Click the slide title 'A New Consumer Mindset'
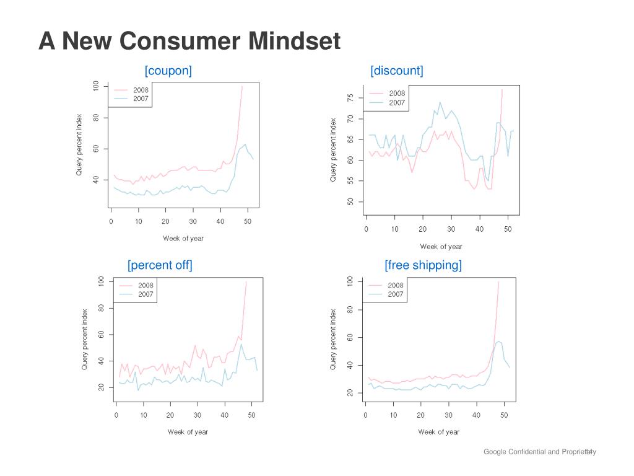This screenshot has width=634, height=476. click(189, 42)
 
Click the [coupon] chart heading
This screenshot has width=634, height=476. click(168, 71)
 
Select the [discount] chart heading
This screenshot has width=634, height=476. click(397, 71)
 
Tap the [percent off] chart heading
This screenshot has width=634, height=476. click(160, 265)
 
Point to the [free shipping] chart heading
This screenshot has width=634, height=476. click(423, 265)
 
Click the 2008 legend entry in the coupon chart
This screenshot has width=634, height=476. click(140, 90)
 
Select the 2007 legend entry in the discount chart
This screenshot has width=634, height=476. click(396, 103)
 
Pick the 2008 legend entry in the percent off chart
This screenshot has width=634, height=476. click(145, 286)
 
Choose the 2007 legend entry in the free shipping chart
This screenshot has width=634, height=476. click(395, 294)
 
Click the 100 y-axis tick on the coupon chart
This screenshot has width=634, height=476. click(96, 86)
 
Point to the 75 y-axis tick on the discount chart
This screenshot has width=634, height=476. click(350, 98)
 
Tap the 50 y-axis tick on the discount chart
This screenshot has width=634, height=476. click(350, 202)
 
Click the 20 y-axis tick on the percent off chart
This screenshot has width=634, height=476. click(101, 388)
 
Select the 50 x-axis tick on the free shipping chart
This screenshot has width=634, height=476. click(502, 415)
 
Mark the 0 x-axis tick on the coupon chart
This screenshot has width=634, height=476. click(111, 221)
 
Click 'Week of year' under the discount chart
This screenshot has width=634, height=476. click(441, 247)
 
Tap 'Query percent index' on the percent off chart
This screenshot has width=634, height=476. click(85, 340)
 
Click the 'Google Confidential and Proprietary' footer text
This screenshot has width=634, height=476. click(537, 452)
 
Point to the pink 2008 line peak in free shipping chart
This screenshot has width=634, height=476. click(498, 282)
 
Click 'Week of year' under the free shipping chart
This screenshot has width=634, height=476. click(438, 432)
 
